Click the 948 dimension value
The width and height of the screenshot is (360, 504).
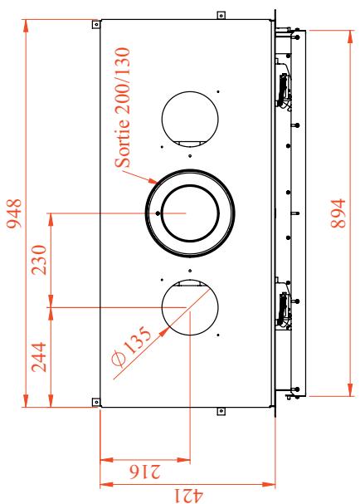pos(14,213)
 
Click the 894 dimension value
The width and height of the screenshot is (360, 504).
pos(338,213)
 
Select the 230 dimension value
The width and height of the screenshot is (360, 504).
pos(39,260)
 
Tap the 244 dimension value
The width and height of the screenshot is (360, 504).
pos(39,357)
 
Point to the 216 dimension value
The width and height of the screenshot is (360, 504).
pos(145,472)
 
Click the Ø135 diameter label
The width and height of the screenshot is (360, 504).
pos(131,346)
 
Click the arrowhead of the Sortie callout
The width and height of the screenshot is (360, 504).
pos(153,181)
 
